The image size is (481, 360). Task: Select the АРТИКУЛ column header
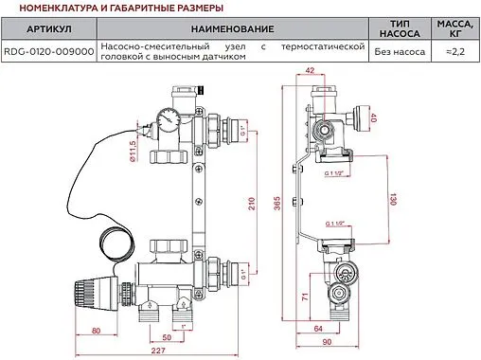pos(47,31)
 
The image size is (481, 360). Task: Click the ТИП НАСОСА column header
pos(393,31)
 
